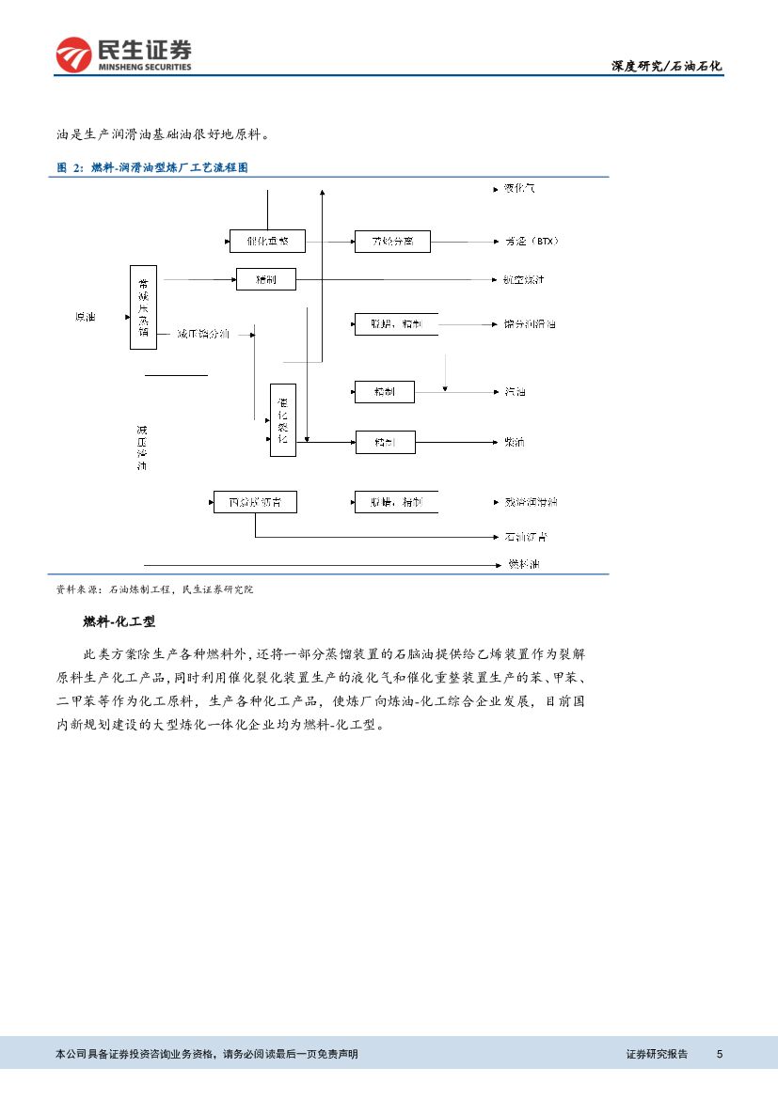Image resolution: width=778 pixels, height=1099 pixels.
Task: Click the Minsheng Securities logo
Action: point(123,55)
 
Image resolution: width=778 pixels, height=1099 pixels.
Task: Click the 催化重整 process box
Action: point(267,242)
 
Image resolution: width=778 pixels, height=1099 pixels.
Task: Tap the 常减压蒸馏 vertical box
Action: point(143,307)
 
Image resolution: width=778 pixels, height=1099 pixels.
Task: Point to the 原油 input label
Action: point(86,317)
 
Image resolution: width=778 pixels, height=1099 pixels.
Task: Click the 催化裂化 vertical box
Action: point(282,420)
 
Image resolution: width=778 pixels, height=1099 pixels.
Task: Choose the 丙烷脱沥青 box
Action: point(254,503)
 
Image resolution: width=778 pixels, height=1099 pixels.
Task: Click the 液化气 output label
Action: point(519,189)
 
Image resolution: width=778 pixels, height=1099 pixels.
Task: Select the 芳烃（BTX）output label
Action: point(532,242)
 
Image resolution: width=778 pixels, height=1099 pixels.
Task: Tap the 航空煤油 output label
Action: point(524,279)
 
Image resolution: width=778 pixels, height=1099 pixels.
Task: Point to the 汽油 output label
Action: point(515,391)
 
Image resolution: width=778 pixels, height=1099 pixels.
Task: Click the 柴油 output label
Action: point(515,442)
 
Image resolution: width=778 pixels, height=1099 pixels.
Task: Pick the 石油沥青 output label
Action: point(526,537)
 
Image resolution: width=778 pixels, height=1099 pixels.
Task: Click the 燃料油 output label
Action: point(524,564)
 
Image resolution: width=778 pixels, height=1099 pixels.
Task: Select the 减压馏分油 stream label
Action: point(202,334)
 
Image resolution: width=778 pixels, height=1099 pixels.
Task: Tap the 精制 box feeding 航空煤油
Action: point(266,279)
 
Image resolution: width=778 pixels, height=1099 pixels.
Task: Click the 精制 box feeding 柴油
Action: point(385,442)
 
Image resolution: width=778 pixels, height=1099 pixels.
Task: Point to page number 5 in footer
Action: point(720,1054)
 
